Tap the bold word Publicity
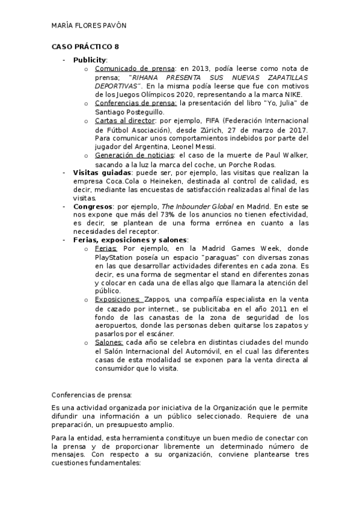90,60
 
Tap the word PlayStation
115,257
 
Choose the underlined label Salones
110,342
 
